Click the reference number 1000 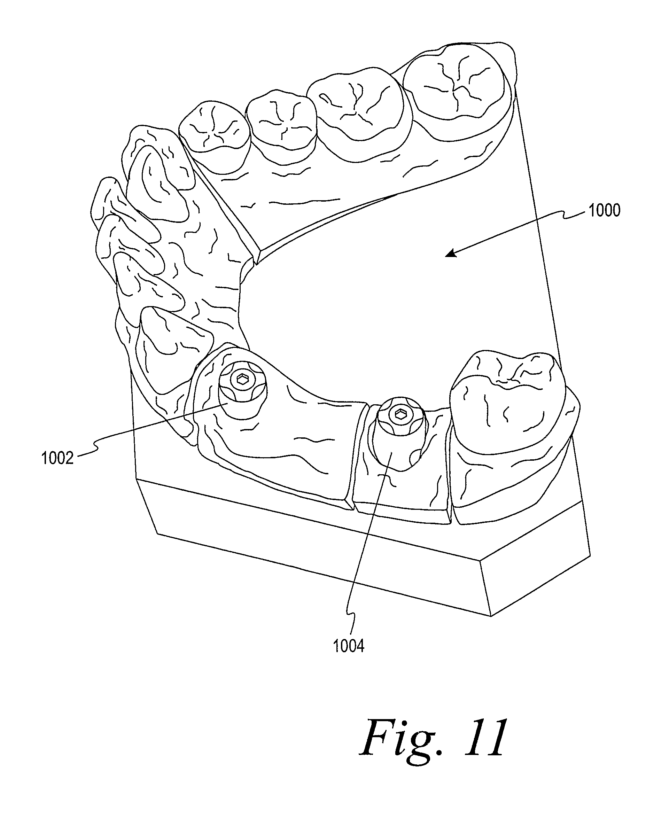coord(604,211)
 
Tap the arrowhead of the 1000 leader coord(449,254)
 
